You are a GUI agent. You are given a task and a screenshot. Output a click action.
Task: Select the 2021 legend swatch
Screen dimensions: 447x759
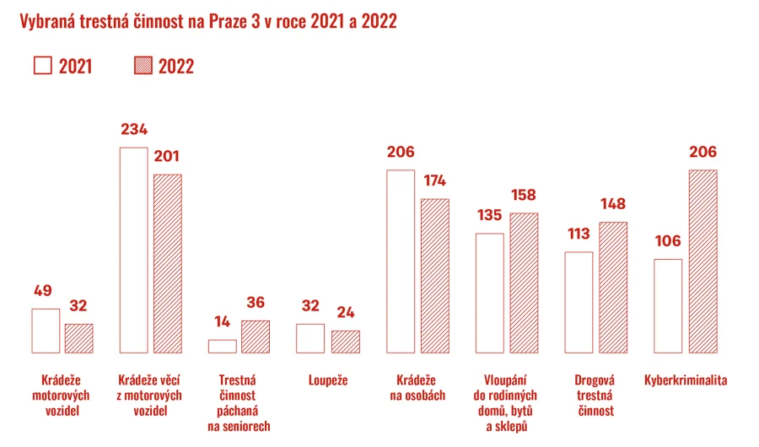coord(42,67)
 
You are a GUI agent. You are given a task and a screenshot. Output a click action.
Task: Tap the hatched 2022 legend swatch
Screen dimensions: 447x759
coord(143,67)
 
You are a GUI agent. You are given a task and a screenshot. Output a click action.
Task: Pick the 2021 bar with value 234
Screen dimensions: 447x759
coord(133,250)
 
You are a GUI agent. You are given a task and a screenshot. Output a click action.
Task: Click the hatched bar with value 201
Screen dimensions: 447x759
coord(167,263)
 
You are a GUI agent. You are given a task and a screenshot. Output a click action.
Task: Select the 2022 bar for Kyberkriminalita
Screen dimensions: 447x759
coord(702,261)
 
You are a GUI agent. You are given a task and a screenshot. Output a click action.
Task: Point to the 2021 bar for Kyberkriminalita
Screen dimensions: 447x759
coord(668,305)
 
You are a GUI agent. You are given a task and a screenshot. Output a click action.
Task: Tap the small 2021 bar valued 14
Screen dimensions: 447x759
coord(223,346)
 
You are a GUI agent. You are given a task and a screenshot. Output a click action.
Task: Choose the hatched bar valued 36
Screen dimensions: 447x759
coord(256,337)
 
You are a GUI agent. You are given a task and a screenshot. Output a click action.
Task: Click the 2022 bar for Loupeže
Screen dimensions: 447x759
coord(345,342)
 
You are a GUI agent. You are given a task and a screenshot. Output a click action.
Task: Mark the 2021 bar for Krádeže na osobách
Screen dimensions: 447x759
coord(401,261)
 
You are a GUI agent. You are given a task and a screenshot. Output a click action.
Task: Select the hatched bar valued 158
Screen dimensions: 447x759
coord(524,283)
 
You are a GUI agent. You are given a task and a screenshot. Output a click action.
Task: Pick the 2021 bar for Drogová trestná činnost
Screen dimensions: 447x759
coord(578,302)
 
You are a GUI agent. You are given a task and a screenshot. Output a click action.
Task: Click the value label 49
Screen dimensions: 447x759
coord(43,291)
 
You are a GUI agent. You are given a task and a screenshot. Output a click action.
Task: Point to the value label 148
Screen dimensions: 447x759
coord(614,204)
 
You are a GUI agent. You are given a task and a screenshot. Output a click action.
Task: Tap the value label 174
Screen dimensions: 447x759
coord(435,180)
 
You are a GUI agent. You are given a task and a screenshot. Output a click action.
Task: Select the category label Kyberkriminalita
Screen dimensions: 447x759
coord(685,380)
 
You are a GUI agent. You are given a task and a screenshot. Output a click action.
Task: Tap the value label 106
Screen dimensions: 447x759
coord(667,241)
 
